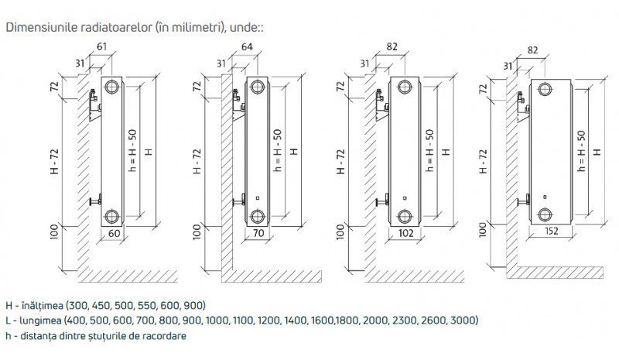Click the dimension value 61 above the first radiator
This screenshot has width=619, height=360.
pos(102,46)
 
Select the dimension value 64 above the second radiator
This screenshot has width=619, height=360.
pos(247,47)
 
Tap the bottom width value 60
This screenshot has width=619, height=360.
pos(114,233)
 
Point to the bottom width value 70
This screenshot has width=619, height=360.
pos(258,233)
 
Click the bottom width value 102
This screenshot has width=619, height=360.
pos(405,233)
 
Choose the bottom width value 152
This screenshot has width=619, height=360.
pos(551,231)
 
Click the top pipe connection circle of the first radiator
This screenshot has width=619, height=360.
pos(112,87)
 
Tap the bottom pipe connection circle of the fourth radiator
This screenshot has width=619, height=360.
pos(545,214)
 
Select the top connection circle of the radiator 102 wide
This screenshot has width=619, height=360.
pos(405,87)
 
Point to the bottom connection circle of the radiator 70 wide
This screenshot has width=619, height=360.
pos(258,216)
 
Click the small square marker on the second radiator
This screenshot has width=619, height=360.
pos(258,198)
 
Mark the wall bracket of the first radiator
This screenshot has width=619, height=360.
pos(95,105)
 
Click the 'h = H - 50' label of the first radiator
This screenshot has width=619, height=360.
pos(132,150)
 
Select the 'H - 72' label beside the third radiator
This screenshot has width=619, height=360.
pos(341,161)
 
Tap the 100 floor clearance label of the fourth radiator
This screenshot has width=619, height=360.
pos(483,230)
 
